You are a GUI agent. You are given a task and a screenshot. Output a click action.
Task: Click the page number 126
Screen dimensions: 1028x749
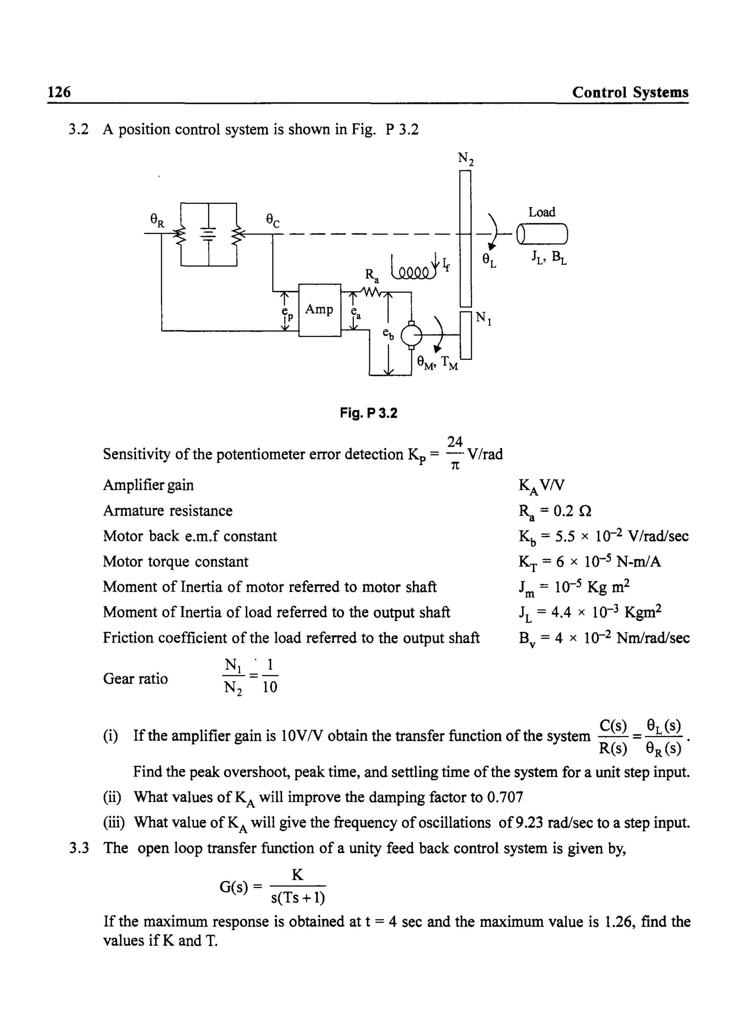click(59, 92)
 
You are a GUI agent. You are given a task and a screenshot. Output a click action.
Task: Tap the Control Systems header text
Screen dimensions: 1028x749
click(630, 92)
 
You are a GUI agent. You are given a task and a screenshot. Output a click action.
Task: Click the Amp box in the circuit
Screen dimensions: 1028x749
click(319, 310)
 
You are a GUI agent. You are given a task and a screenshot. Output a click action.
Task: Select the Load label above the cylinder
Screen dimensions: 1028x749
click(541, 212)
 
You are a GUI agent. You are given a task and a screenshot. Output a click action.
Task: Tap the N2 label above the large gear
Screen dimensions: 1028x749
click(466, 158)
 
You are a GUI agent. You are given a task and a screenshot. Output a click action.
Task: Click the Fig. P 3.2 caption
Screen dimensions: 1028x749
click(368, 413)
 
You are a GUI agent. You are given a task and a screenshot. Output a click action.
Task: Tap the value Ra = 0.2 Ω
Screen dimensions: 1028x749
click(555, 511)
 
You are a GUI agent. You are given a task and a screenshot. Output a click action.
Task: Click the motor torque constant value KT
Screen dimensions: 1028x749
click(590, 562)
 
